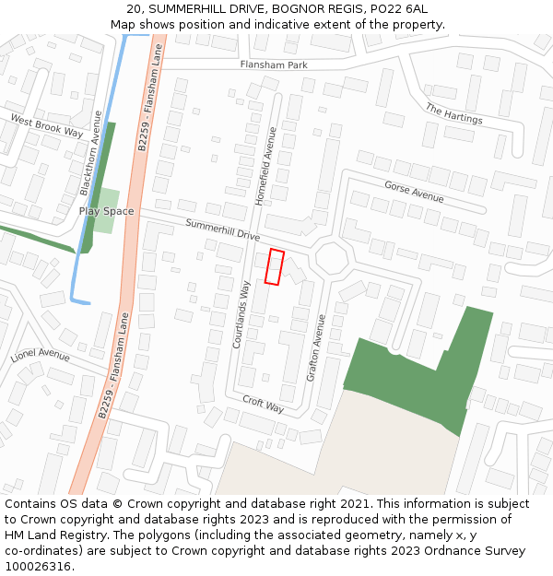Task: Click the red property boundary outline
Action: pyautogui.click(x=275, y=266)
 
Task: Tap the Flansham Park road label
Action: pyautogui.click(x=274, y=65)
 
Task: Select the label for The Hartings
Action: pyautogui.click(x=453, y=113)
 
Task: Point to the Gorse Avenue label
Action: pyautogui.click(x=414, y=192)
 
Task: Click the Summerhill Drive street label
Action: pyautogui.click(x=222, y=229)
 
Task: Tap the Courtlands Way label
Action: pyautogui.click(x=241, y=314)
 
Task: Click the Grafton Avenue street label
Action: pyautogui.click(x=315, y=347)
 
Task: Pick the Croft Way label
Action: pyautogui.click(x=263, y=404)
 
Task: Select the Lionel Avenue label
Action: pyautogui.click(x=41, y=355)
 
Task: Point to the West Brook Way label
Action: pyautogui.click(x=46, y=126)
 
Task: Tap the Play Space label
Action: pyautogui.click(x=106, y=211)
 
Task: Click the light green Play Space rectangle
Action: pyautogui.click(x=109, y=197)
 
